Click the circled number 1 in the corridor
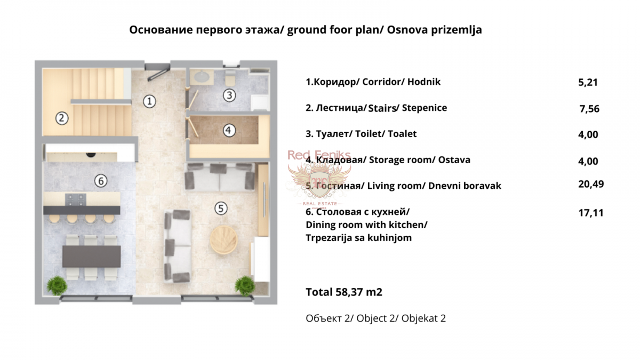pos(150,100)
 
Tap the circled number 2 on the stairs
pos(61,118)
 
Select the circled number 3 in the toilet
pos(229,95)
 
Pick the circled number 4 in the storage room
pos(229,130)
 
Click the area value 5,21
pos(588,83)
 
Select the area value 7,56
pos(589,109)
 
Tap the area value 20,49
pos(591,184)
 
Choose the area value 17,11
pos(591,213)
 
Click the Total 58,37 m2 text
pos(344,292)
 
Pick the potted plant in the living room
pos(245,285)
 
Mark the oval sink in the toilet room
pos(203,77)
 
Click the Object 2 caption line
pos(375,319)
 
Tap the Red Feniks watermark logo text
pos(318,155)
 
